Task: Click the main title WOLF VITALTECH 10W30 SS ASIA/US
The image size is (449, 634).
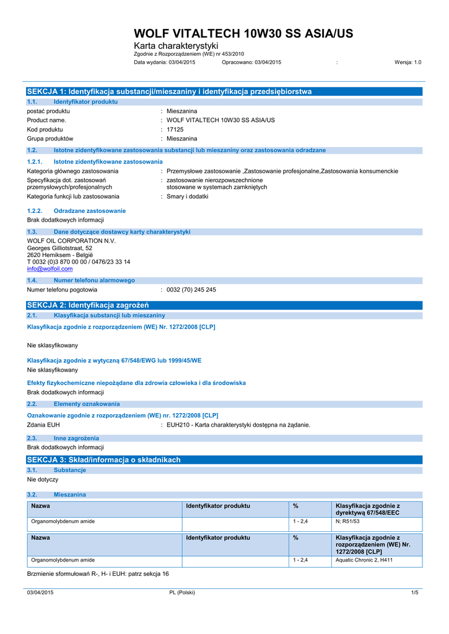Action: pyautogui.click(x=243, y=33)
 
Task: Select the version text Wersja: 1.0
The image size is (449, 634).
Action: pyautogui.click(x=408, y=63)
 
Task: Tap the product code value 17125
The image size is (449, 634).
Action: pyautogui.click(x=175, y=129)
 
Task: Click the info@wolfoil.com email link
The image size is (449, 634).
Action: pyautogui.click(x=50, y=269)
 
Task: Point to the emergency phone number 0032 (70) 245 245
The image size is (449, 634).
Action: pyautogui.click(x=191, y=290)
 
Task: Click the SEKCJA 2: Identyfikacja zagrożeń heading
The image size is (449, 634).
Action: pyautogui.click(x=88, y=305)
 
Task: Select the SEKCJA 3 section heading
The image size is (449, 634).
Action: pyautogui.click(x=104, y=460)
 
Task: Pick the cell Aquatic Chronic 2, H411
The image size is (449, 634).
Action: pyautogui.click(x=364, y=560)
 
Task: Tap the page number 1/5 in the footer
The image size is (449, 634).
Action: pyautogui.click(x=415, y=593)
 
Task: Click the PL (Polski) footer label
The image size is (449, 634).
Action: pyautogui.click(x=182, y=593)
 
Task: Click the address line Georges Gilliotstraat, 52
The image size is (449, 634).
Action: pyautogui.click(x=59, y=248)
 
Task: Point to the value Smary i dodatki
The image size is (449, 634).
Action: pyautogui.click(x=188, y=196)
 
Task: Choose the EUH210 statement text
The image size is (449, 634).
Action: pyautogui.click(x=238, y=425)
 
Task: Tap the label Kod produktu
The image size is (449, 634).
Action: pyautogui.click(x=45, y=129)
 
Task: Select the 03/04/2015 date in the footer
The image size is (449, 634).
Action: pyautogui.click(x=40, y=593)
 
